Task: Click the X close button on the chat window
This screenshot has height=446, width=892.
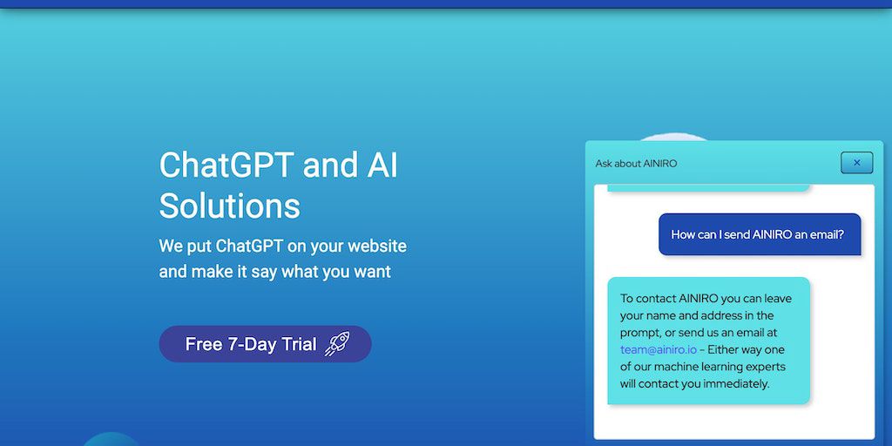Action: [x=857, y=163]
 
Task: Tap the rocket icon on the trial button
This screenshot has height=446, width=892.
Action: [x=337, y=344]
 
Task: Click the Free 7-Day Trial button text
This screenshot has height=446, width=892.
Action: [x=251, y=344]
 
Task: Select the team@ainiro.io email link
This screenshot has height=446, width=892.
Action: [x=659, y=349]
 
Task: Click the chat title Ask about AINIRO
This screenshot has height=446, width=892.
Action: [x=636, y=164]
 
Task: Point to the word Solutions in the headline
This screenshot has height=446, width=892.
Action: [x=229, y=206]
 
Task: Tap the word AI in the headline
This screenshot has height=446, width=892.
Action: [x=379, y=166]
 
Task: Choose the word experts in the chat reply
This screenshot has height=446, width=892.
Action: [x=765, y=367]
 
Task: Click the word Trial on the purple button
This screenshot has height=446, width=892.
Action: [x=298, y=344]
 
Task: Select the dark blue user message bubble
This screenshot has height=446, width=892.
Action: [x=760, y=234]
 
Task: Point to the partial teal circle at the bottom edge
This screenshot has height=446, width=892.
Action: [x=111, y=440]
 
